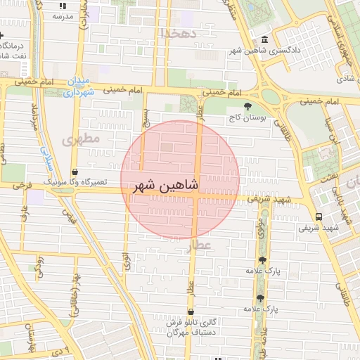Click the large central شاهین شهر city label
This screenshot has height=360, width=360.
(x=166, y=185)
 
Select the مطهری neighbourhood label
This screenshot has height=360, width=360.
(x=81, y=140)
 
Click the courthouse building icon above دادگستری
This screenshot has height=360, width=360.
(x=264, y=40)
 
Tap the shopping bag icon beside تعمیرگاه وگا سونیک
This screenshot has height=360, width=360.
(x=74, y=172)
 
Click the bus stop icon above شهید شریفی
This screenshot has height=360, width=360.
(x=319, y=217)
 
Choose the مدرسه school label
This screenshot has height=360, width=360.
(x=61, y=15)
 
